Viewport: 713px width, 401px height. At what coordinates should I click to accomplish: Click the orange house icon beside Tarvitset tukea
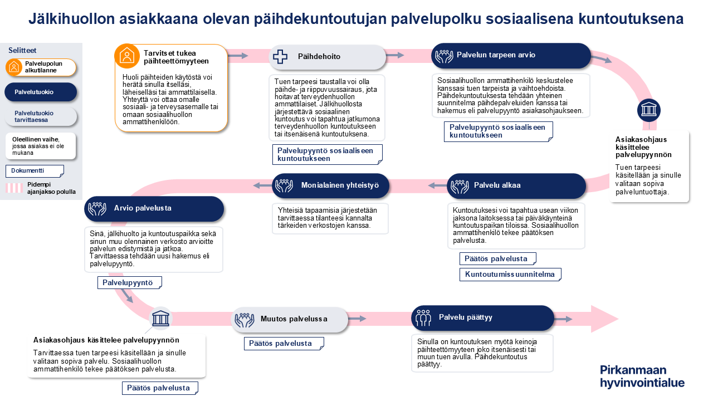click(127, 56)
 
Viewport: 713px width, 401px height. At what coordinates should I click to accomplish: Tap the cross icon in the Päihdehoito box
click(280, 56)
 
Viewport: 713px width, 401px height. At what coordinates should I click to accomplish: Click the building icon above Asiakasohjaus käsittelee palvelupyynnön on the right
click(648, 110)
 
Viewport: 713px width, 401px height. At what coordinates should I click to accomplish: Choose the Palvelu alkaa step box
click(516, 185)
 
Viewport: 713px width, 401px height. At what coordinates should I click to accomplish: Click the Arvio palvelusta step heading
click(154, 208)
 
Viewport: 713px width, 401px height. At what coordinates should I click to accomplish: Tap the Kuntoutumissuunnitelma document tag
click(510, 274)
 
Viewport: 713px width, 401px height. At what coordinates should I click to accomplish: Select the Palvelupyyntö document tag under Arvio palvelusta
click(130, 283)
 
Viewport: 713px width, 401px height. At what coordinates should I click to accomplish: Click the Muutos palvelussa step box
click(289, 319)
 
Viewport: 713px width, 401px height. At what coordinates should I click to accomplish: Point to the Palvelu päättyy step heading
click(482, 317)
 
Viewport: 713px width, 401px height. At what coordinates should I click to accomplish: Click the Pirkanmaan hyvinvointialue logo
click(642, 376)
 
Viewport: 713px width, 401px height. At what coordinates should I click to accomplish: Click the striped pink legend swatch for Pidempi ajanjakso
click(14, 188)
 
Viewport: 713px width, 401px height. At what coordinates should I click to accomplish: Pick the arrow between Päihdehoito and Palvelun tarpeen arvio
click(395, 55)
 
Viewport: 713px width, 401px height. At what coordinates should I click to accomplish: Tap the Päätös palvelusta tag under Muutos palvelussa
click(284, 344)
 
